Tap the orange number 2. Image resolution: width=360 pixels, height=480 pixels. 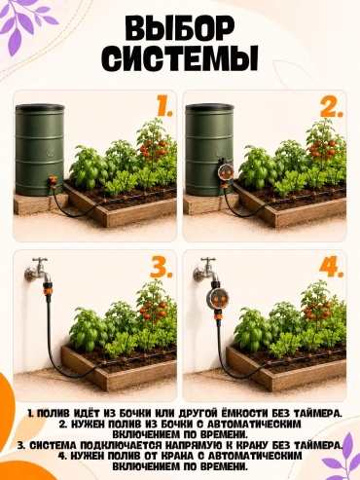(331, 105)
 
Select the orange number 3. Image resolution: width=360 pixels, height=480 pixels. (162, 267)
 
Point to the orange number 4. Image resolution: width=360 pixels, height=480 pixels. (331, 267)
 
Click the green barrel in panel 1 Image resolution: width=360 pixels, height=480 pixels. (40, 149)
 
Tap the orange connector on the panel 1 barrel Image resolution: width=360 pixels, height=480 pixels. (54, 182)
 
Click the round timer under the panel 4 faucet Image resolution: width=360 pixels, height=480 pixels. (218, 299)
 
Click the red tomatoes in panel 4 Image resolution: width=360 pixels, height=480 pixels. (317, 311)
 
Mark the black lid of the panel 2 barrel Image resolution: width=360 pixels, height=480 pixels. (210, 107)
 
